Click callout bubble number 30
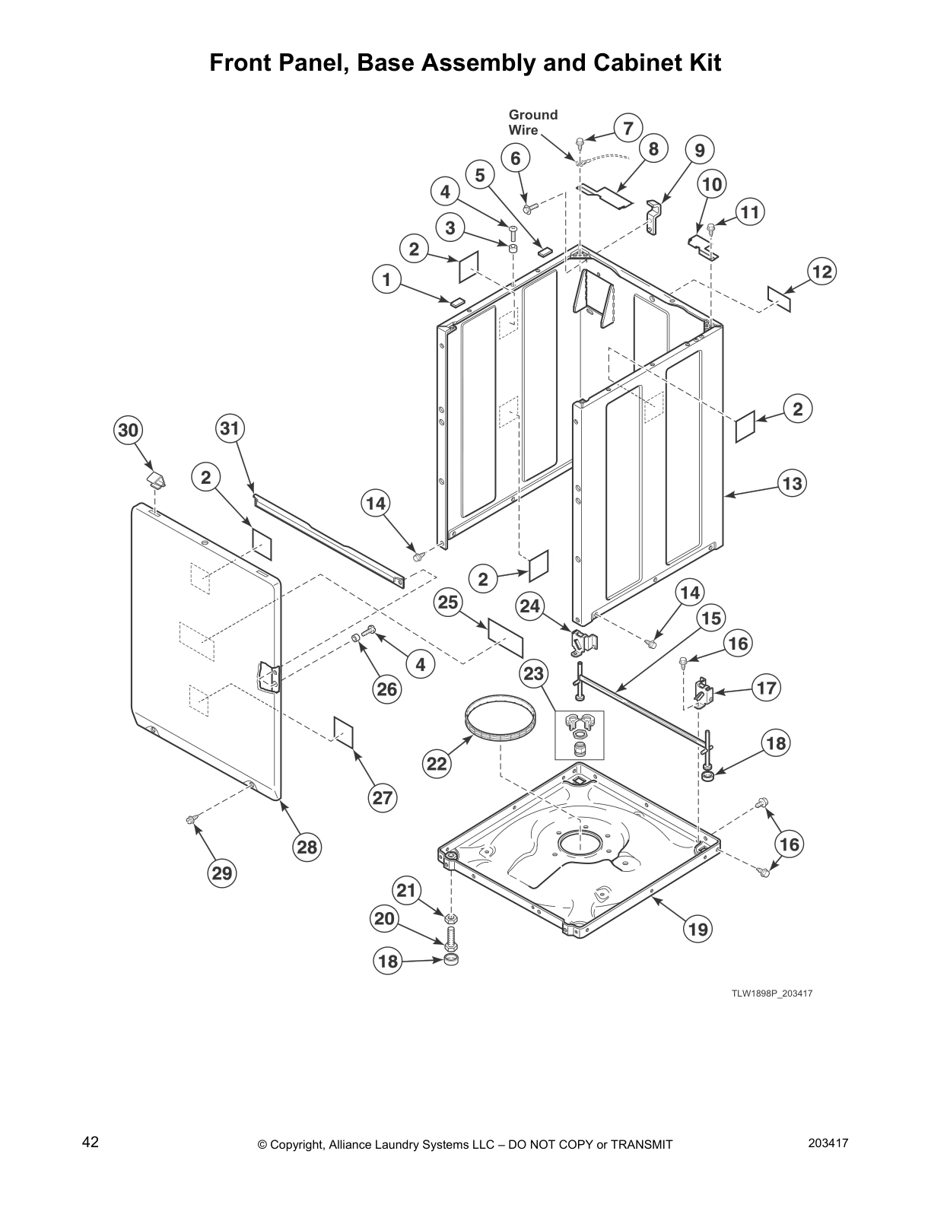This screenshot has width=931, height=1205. pos(128,430)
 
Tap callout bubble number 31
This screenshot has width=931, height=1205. pos(230,428)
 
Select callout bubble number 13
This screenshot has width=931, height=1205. pos(792,483)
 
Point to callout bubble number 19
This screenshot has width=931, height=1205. pos(697,928)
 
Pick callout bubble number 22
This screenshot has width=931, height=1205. pos(437,764)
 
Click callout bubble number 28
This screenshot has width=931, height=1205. pos(307,847)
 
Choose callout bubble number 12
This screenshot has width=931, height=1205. pos(821,272)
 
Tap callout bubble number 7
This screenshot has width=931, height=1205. pos(628,128)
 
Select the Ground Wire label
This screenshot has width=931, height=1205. pos(533,122)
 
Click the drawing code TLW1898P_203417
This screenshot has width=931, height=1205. pos(772,994)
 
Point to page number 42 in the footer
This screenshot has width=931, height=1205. pos(91,1142)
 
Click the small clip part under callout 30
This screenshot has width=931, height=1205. pos(156,479)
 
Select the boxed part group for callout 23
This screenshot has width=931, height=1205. pos(580,735)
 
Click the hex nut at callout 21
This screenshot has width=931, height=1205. pos(451,917)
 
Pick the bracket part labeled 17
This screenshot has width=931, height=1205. pos(704,692)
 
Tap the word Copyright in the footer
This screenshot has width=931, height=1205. pos(297,1145)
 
